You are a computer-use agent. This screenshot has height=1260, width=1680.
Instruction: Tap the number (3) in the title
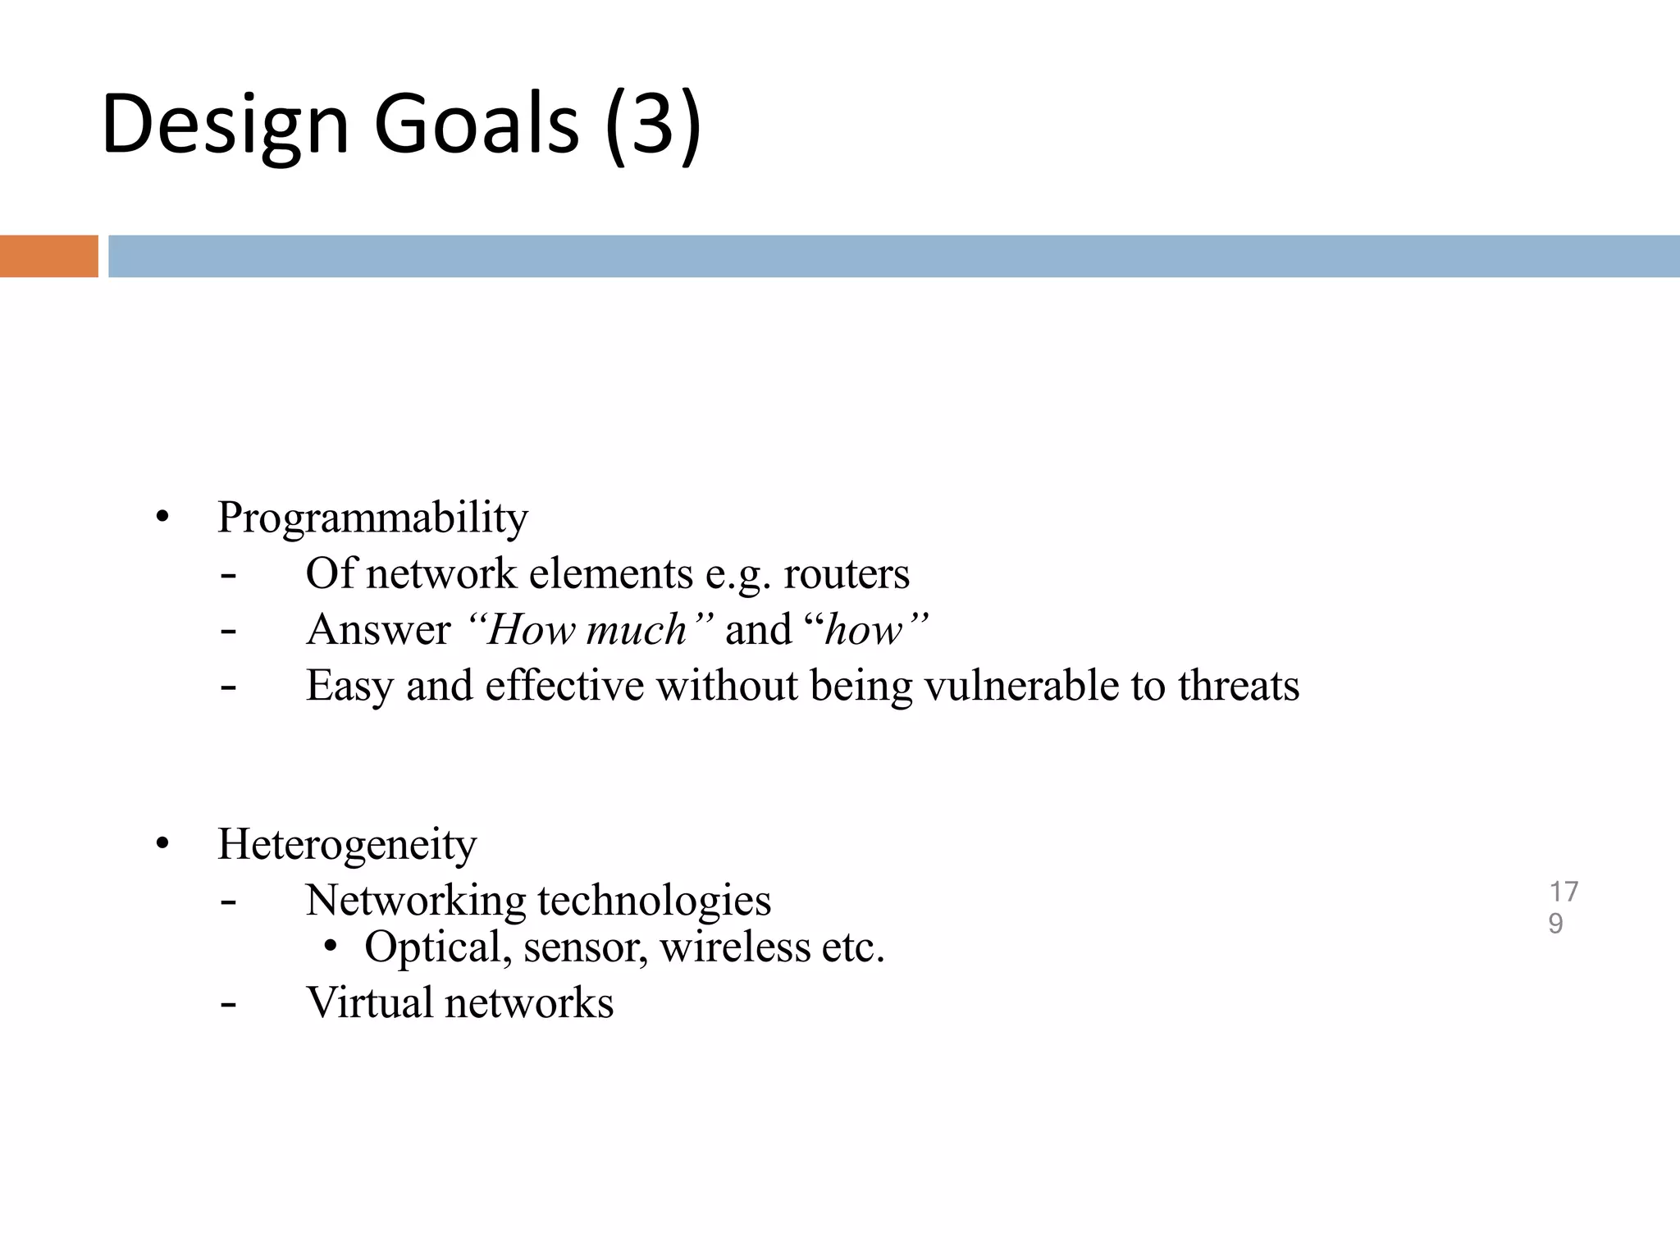click(x=653, y=125)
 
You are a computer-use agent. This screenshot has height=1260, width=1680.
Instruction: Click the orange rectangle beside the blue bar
click(x=48, y=256)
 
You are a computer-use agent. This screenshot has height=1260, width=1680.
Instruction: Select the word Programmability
click(x=372, y=518)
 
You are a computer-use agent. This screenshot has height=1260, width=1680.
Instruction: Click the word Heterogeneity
click(x=346, y=845)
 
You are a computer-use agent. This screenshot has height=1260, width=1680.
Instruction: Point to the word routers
click(x=846, y=574)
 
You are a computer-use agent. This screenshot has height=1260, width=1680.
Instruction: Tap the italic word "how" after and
click(x=867, y=630)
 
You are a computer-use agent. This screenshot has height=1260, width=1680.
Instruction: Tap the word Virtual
click(x=368, y=1002)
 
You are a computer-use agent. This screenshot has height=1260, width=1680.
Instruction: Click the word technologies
click(x=654, y=901)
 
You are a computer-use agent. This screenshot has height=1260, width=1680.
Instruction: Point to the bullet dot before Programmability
click(x=162, y=518)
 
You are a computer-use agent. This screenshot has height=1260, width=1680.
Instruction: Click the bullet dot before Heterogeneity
click(x=162, y=844)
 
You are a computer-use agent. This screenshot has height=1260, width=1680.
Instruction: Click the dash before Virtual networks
click(x=229, y=1003)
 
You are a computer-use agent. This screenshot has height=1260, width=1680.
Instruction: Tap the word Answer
click(x=378, y=630)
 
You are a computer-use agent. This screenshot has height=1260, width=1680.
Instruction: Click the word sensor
click(x=585, y=947)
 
